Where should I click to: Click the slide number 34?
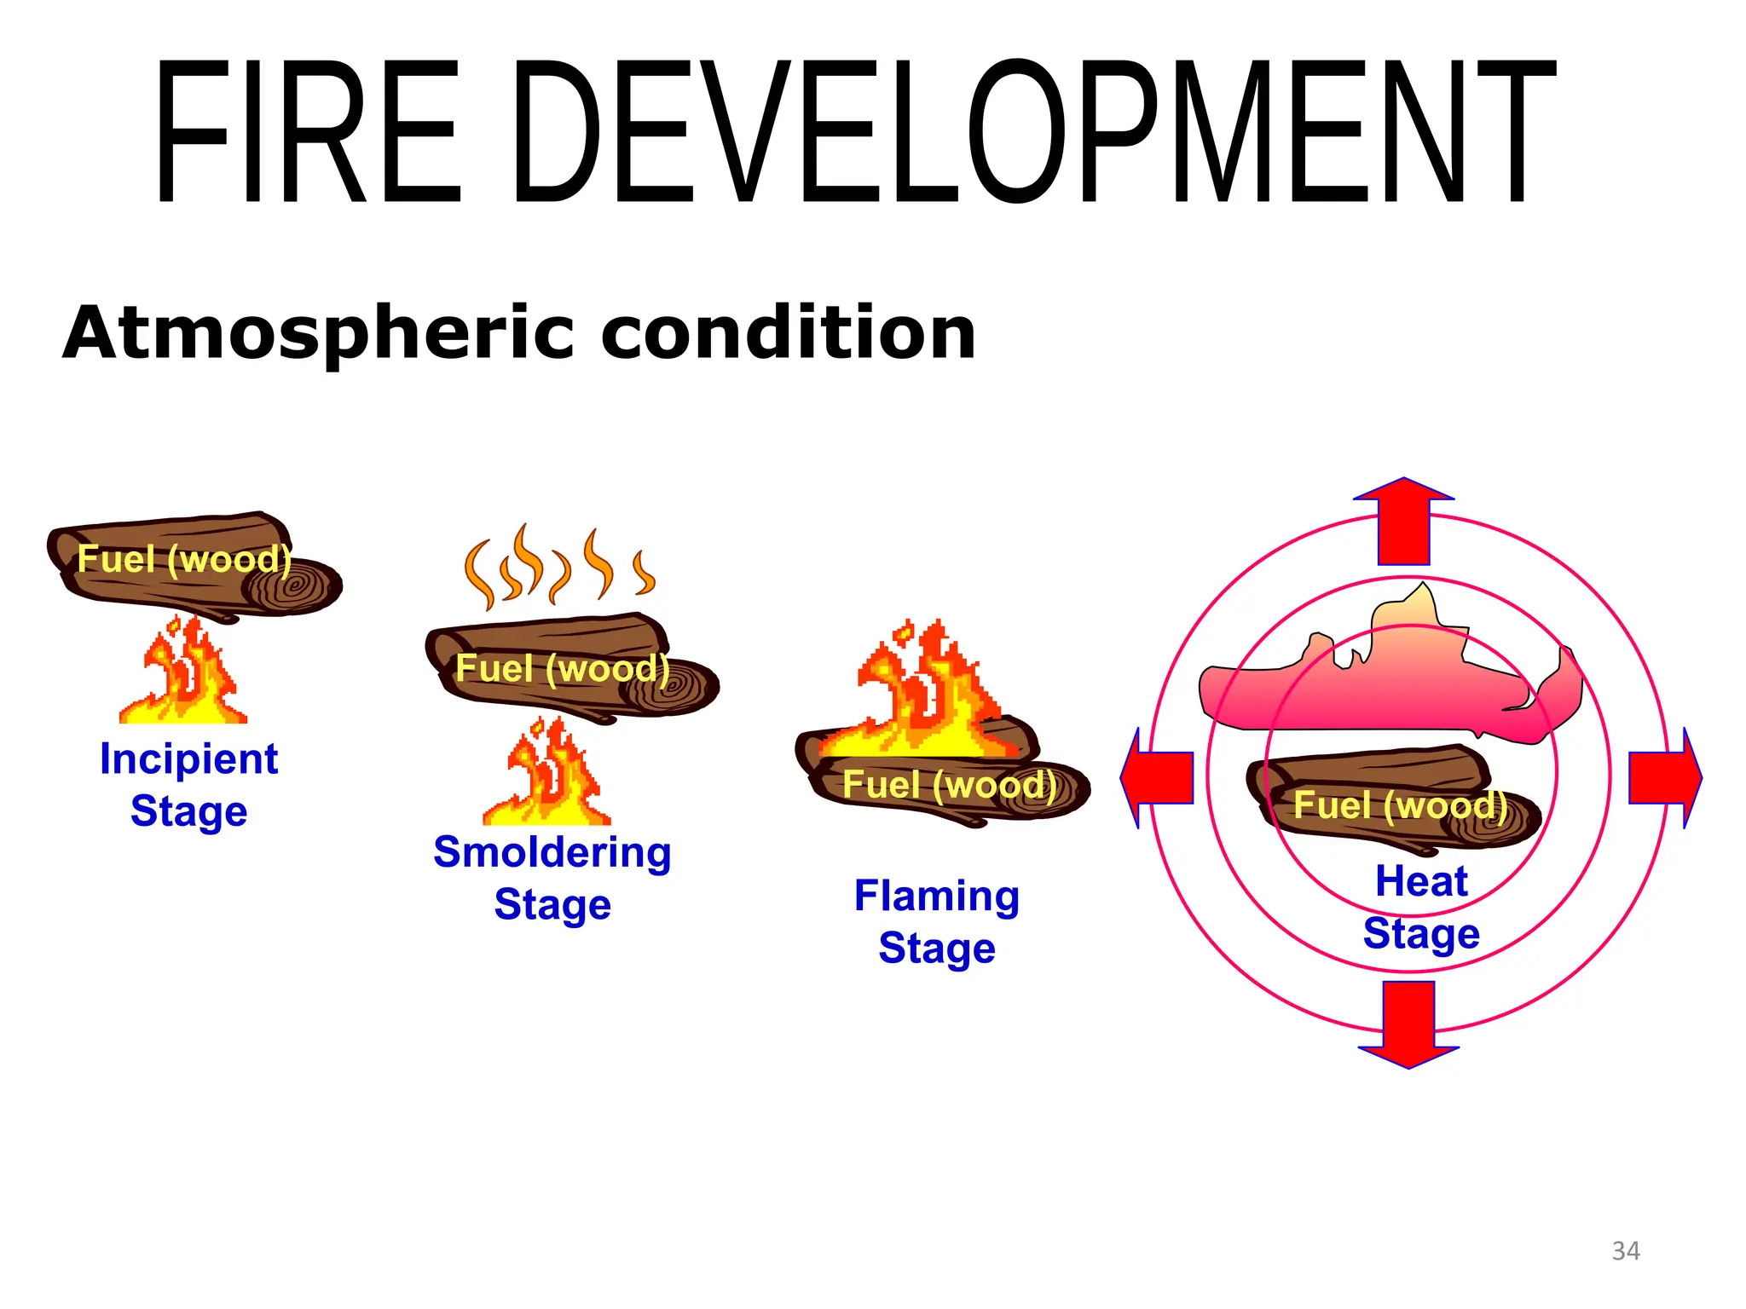point(1625,1251)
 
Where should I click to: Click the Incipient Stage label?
point(188,784)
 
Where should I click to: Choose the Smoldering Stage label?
point(552,878)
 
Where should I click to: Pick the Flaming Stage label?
point(937,922)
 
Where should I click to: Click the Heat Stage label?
point(1421,907)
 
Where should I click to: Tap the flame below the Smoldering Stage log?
point(547,777)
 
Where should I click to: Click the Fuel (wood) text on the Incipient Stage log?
point(184,560)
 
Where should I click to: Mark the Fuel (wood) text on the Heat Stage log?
point(1400,805)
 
